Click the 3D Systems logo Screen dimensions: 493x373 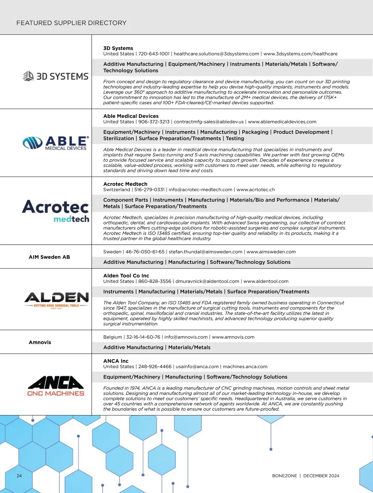coord(56,76)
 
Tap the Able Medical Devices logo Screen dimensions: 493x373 coord(56,143)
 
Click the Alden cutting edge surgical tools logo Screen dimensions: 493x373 coord(57,300)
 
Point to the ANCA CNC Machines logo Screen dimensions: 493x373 coord(56,386)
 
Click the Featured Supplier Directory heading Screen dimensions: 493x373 coord(71,23)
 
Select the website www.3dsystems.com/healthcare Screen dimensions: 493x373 coord(300,54)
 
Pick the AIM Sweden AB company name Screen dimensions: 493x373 coord(49,257)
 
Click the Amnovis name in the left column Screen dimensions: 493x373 coord(40,342)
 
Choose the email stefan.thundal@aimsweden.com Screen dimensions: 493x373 coord(205,252)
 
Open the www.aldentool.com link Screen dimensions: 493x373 coord(266,281)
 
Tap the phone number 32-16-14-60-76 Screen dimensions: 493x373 coord(143,337)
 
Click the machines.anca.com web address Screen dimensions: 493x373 coord(245,367)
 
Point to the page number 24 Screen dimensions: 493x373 coord(19,476)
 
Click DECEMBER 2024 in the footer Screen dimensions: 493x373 coord(321,476)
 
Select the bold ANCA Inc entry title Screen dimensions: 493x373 coord(116,361)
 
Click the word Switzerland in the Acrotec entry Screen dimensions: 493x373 coord(117,190)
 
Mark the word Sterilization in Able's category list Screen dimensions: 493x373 coord(118,138)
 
